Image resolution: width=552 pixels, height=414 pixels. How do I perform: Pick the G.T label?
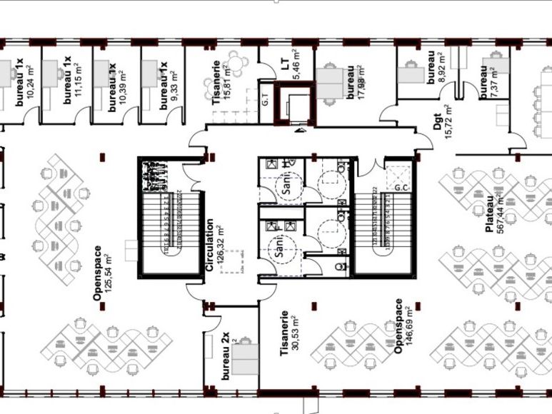[265, 100]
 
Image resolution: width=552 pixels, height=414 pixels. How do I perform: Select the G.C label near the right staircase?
[401, 189]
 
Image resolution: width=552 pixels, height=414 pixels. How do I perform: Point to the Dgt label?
[437, 122]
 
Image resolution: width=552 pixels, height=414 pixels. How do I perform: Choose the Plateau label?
[490, 214]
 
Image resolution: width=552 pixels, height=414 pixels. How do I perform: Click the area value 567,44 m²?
[501, 214]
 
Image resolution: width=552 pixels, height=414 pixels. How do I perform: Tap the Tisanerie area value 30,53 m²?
[295, 333]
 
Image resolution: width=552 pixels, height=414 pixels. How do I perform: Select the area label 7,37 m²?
[495, 82]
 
